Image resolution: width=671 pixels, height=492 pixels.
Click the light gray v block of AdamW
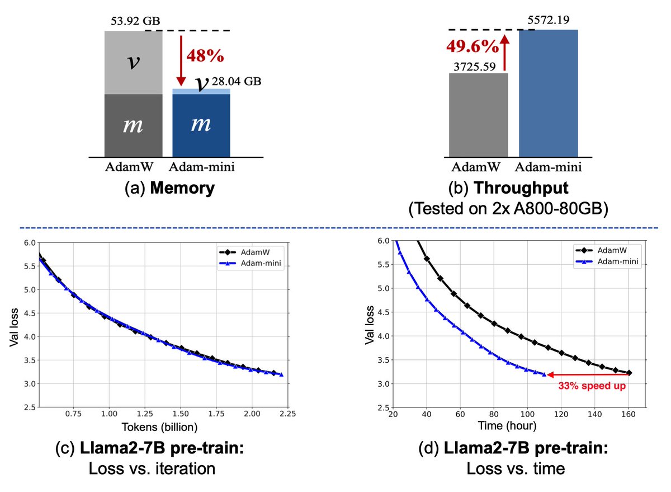pos(133,62)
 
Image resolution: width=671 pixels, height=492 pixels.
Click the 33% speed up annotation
pos(592,386)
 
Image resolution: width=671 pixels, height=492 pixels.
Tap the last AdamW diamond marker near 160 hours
pos(629,373)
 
